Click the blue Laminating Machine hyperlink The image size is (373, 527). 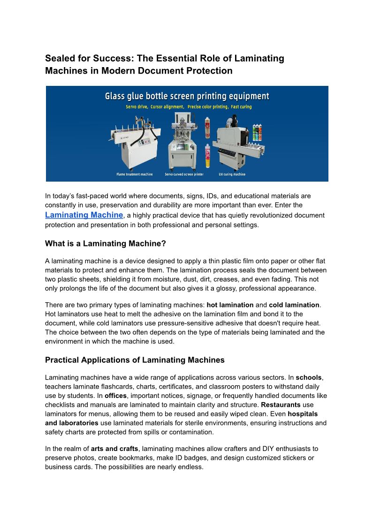click(84, 214)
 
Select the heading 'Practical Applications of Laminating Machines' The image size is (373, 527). click(135, 360)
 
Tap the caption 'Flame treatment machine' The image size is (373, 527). click(135, 175)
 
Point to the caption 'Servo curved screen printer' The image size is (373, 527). click(184, 175)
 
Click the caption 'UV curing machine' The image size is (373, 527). click(232, 175)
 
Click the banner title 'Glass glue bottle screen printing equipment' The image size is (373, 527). click(187, 96)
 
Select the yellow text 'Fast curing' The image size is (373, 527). click(240, 107)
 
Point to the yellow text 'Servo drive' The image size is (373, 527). click(137, 107)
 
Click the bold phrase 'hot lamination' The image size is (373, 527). click(230, 305)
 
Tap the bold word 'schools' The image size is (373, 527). click(310, 377)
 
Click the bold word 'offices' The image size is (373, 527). click(115, 396)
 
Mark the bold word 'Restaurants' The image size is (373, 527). click(281, 405)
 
